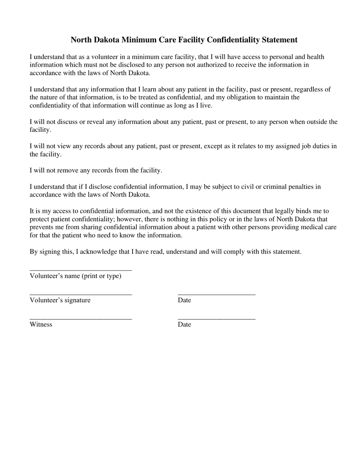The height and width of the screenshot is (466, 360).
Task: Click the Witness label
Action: [41, 324]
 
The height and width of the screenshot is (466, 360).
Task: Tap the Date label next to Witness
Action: [185, 324]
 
